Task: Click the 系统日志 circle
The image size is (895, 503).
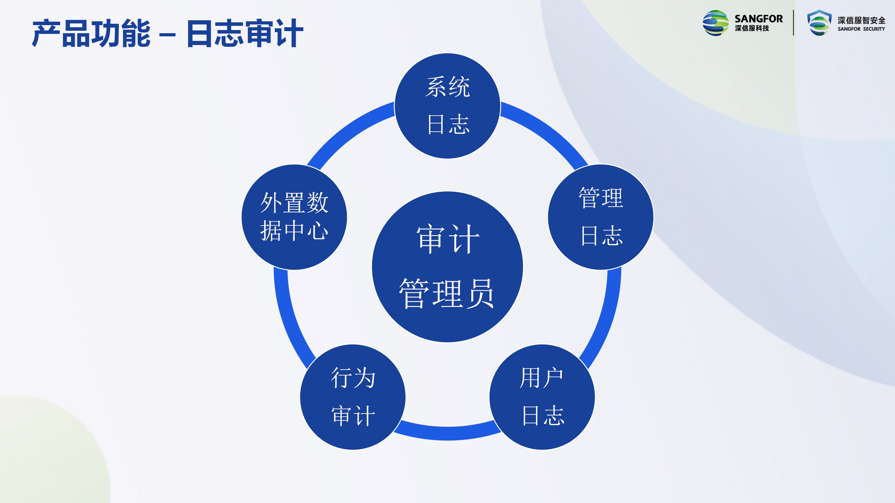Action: (447, 106)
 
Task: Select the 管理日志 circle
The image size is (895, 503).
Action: (601, 217)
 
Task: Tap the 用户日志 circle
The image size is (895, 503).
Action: (542, 397)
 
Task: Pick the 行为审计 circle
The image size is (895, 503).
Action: (353, 397)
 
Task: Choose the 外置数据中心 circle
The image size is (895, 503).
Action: (294, 217)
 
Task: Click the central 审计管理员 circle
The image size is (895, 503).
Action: (447, 267)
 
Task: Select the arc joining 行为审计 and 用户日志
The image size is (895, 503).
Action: (447, 433)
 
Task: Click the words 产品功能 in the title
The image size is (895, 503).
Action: (91, 34)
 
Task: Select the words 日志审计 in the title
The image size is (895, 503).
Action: (245, 34)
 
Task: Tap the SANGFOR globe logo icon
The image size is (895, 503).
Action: (716, 23)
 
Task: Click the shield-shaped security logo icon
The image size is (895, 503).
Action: (819, 23)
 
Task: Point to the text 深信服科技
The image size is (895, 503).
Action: (752, 28)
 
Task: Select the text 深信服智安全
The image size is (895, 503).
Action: (861, 20)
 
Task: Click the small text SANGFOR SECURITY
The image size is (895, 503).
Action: (861, 29)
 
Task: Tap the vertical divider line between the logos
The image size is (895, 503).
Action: (794, 23)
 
